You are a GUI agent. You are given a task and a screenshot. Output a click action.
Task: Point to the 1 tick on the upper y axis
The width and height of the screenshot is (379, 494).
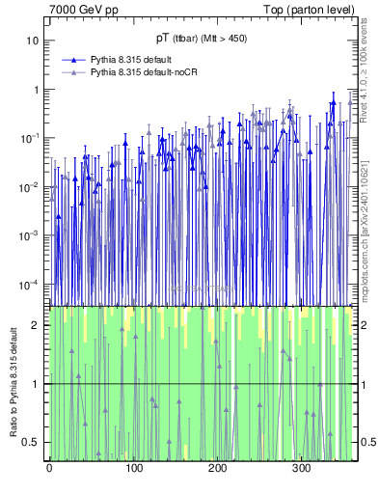click(x=36, y=90)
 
